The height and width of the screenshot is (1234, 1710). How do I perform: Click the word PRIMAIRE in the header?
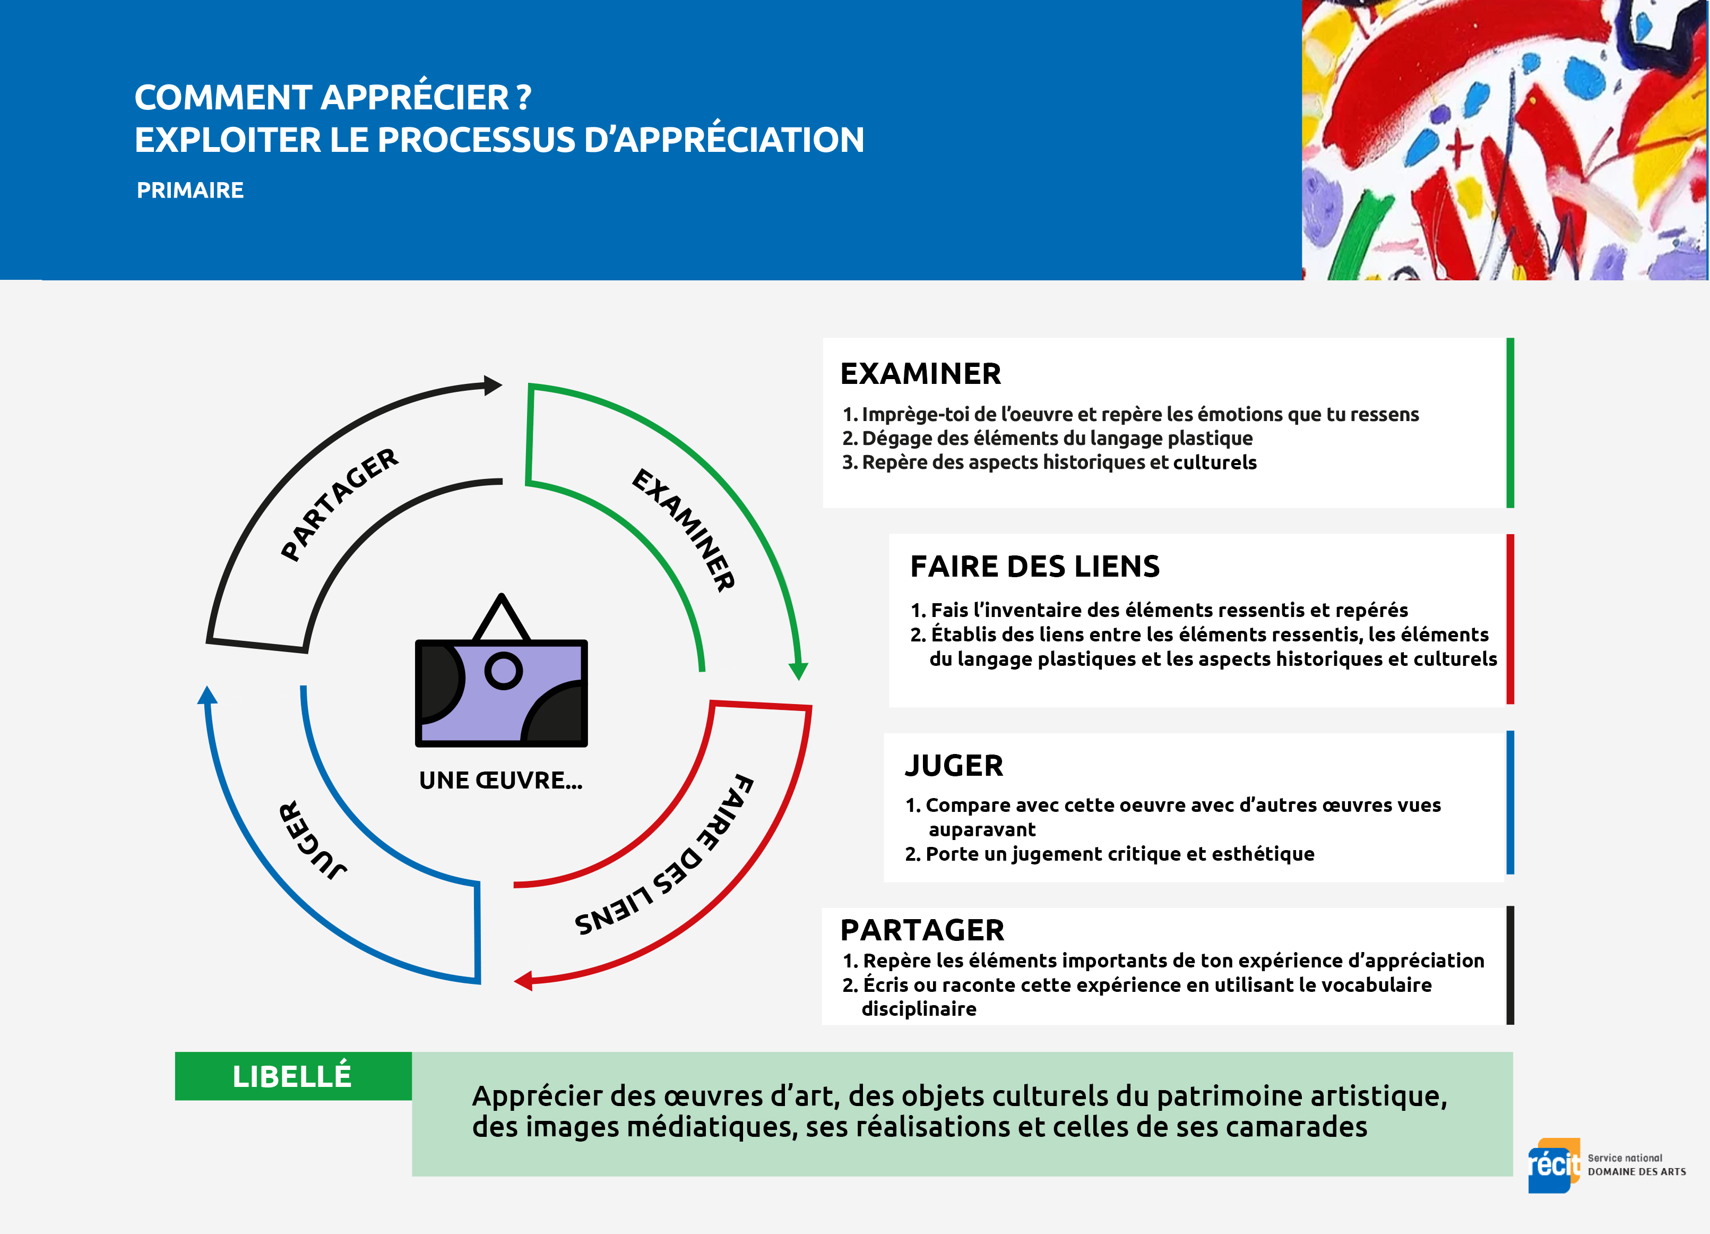(x=190, y=190)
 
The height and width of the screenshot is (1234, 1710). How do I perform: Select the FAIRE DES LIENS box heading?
(x=1034, y=567)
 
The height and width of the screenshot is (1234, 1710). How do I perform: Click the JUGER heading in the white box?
(x=954, y=766)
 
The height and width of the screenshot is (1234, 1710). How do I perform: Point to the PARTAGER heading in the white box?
(x=922, y=930)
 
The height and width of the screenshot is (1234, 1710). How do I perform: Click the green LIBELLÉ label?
(x=292, y=1076)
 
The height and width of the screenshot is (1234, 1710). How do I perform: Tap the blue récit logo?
(x=1553, y=1166)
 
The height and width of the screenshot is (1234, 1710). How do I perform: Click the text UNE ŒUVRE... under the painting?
(x=500, y=780)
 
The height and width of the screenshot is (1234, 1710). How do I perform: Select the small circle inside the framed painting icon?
(x=504, y=670)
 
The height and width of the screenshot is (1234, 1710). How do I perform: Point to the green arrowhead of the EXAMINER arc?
(x=798, y=671)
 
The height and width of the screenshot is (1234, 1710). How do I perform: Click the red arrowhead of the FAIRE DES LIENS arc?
(x=524, y=981)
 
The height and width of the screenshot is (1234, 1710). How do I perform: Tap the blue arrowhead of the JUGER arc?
(x=208, y=696)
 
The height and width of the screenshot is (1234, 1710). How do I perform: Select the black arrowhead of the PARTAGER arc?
(x=493, y=385)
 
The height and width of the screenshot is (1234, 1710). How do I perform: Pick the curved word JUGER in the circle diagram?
(x=312, y=840)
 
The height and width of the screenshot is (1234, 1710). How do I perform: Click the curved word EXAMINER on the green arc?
(x=683, y=529)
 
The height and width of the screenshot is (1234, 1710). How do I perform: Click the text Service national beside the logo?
(x=1625, y=1158)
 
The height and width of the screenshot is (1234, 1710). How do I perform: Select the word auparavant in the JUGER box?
(x=982, y=830)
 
